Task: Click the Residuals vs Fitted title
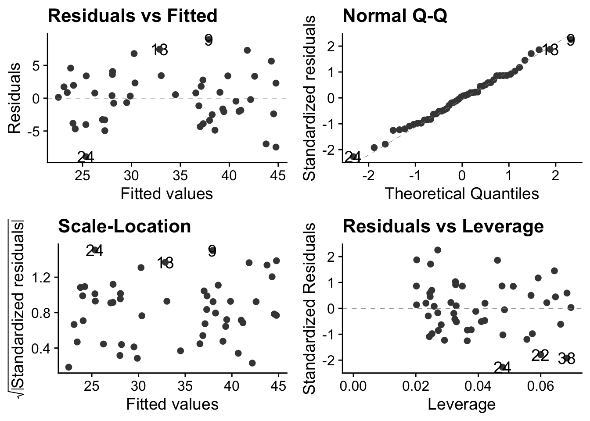coord(132,16)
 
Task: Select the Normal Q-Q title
coord(395,16)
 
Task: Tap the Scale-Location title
coord(125,226)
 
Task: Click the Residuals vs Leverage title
coord(443,226)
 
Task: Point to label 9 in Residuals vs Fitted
coord(209,41)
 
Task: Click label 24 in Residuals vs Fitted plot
coord(85,157)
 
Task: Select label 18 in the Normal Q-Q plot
coord(550,50)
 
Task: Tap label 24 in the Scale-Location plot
coord(94,251)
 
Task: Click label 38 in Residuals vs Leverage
coord(566,359)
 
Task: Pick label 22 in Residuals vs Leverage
coord(540,356)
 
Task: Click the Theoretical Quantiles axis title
coord(462,193)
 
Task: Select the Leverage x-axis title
coord(462,404)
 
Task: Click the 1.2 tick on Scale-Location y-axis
coord(43,277)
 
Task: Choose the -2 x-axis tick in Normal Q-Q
coord(368,176)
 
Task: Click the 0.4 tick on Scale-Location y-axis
coord(43,348)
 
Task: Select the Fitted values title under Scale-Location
coord(172,404)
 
